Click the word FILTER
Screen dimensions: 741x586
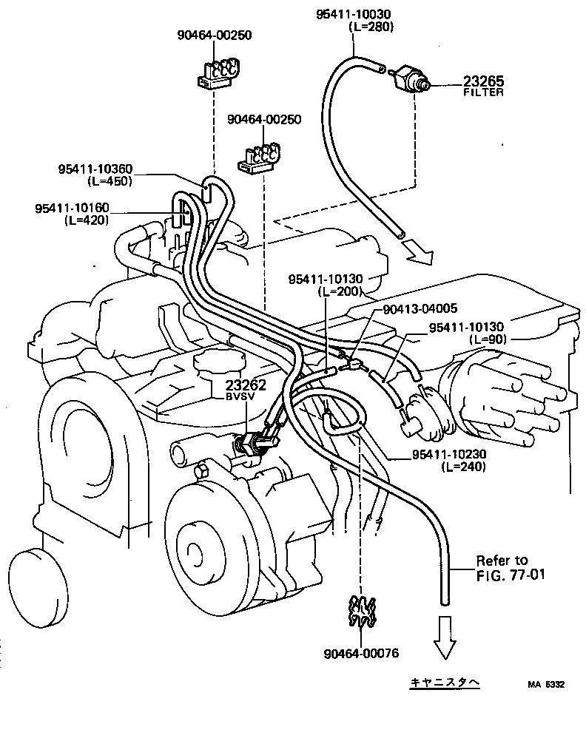tap(484, 92)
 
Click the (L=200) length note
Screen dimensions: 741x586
tap(342, 291)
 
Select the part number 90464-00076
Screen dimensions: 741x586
tap(361, 653)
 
